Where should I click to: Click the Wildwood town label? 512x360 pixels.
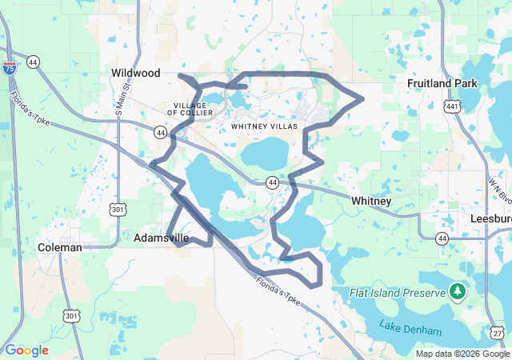click(x=136, y=73)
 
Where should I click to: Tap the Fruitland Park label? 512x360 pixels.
click(x=442, y=83)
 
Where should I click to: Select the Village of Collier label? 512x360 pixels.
click(x=190, y=110)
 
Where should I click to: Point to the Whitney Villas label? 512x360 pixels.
click(x=264, y=126)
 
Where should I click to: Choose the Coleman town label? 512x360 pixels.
click(x=60, y=248)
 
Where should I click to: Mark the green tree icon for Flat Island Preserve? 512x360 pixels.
click(x=458, y=291)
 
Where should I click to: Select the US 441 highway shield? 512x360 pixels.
click(x=453, y=105)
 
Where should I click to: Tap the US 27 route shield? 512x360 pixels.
click(x=498, y=333)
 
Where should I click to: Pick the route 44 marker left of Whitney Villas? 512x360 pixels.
click(x=162, y=131)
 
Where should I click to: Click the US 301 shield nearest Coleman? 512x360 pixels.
click(x=71, y=294)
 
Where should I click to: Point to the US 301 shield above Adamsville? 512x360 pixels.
click(x=118, y=210)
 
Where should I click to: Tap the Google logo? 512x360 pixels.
click(x=27, y=350)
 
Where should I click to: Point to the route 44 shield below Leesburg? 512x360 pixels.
click(x=442, y=238)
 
